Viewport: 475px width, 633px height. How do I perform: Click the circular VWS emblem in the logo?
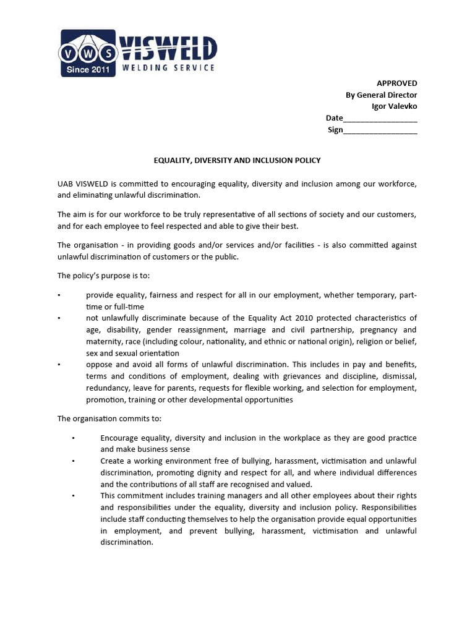point(87,53)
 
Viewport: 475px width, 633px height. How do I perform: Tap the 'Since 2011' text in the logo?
point(87,70)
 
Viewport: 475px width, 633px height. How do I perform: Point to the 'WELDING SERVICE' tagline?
point(168,67)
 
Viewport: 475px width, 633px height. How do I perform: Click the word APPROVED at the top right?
point(397,83)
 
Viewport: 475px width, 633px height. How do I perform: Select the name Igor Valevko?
point(394,106)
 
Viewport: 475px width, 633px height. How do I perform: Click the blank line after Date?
point(380,119)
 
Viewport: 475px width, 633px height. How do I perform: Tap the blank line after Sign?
point(380,130)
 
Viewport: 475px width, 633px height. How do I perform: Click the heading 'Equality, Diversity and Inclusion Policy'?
point(237,160)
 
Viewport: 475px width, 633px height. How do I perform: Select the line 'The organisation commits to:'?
point(109,418)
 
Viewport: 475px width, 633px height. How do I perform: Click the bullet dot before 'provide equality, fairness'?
point(59,295)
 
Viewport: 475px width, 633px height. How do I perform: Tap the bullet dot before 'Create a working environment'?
point(74,461)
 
